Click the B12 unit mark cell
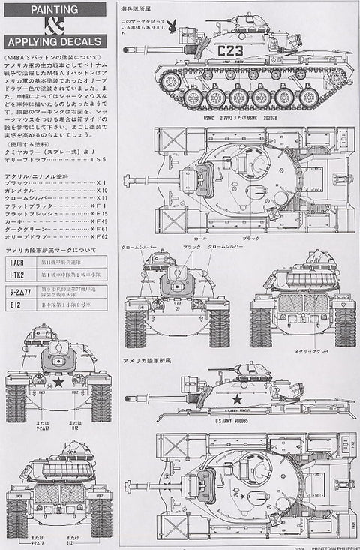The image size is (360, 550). [16, 305]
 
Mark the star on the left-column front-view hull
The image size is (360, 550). [58, 382]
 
